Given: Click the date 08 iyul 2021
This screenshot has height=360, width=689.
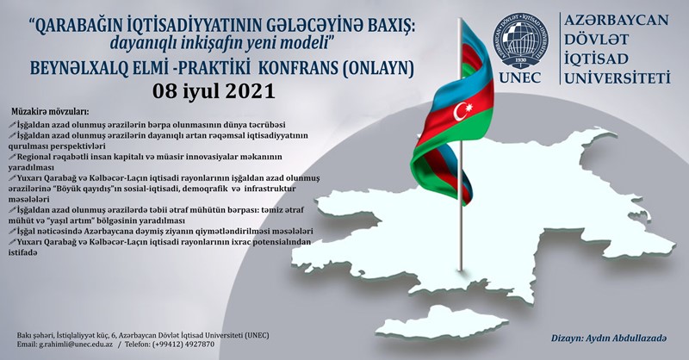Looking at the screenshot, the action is click(214, 91).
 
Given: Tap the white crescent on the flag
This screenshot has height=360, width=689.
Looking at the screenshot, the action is click(459, 112).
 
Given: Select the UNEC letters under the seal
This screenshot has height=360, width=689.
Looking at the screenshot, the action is click(520, 78).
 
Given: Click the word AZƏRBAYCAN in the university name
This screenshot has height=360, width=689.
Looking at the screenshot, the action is click(616, 20).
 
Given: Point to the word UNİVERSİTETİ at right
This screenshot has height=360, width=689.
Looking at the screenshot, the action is click(618, 78).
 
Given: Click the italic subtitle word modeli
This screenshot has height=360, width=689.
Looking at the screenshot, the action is click(309, 43).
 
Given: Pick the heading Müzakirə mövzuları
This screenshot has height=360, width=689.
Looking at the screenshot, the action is click(50, 110).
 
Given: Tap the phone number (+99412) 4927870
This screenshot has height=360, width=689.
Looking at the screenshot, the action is click(183, 344).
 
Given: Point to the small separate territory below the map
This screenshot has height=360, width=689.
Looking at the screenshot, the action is click(442, 323).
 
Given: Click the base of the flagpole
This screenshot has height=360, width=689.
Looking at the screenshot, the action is click(460, 268).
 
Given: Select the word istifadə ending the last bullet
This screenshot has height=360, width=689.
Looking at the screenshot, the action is click(22, 252).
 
